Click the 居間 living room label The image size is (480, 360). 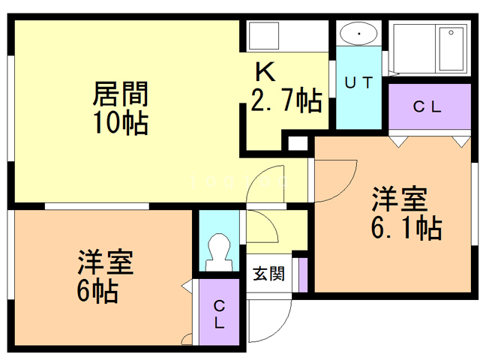121,94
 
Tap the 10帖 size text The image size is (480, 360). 121,123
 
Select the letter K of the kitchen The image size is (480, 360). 265,72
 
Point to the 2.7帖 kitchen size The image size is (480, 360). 286,100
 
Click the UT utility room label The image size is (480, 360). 358,82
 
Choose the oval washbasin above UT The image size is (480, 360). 358,33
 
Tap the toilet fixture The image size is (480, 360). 219,253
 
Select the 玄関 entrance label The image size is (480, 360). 268,273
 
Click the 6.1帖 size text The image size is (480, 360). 406,228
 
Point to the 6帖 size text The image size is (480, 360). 97,291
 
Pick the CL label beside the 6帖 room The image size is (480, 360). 219,314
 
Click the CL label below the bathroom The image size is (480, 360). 427,106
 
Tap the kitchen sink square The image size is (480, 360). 264,36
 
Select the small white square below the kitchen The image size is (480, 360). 298,143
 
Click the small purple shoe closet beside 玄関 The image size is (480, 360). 303,275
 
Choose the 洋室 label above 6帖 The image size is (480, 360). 106,262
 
